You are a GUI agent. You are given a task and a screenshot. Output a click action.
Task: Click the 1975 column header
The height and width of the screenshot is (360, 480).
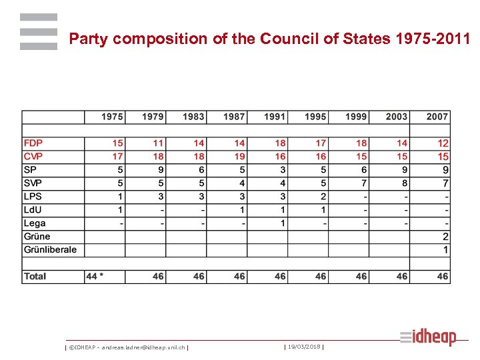coord(112,117)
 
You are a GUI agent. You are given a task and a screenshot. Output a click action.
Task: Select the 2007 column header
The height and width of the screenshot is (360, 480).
coord(437,117)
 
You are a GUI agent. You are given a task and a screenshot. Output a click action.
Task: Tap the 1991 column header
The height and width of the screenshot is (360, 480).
coord(274,117)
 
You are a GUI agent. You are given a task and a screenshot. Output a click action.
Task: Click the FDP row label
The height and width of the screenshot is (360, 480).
coord(33,143)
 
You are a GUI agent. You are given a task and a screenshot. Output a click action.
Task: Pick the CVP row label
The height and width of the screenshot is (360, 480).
coord(33,157)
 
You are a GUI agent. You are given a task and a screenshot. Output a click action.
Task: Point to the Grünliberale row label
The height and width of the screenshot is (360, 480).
coord(50,250)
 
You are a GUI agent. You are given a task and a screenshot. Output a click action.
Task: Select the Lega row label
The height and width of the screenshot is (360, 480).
coord(35,223)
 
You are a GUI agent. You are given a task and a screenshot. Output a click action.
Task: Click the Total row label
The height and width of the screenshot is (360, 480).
coord(35,276)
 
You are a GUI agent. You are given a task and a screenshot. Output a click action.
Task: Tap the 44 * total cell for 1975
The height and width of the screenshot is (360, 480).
coord(95,276)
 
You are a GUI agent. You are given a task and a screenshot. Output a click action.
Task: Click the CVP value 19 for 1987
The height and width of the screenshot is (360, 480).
coord(239,157)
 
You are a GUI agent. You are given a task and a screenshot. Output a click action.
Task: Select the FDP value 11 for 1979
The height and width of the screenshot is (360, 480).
coord(158,143)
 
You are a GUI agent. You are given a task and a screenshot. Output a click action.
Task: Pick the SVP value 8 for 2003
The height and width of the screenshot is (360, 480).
coord(404,183)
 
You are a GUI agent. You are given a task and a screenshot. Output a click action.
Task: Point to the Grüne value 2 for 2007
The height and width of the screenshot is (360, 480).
coord(445,237)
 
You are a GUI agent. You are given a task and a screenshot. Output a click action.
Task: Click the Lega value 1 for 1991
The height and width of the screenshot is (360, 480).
coord(283,223)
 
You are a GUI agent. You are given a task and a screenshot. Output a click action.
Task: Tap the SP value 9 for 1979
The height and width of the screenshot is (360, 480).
coord(161,170)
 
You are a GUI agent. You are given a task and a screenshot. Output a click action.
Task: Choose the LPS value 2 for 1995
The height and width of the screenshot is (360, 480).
coord(323,197)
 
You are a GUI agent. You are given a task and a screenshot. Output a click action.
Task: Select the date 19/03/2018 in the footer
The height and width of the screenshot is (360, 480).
coord(304,347)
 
